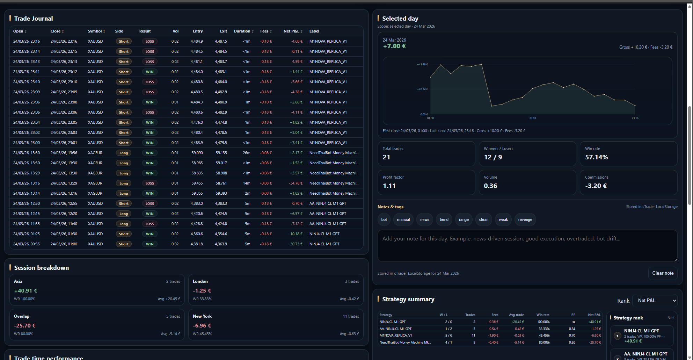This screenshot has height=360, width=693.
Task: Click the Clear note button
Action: pos(663,273)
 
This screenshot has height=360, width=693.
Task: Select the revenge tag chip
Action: pos(525,219)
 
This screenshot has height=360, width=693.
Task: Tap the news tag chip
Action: pos(424,219)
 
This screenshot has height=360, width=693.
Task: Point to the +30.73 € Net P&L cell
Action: pos(295,244)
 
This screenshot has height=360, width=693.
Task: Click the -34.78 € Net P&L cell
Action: pos(296,183)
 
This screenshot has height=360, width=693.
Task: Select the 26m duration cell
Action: pos(247,153)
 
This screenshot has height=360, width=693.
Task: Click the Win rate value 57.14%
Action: pos(596,157)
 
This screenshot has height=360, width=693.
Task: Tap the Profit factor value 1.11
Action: pos(389,186)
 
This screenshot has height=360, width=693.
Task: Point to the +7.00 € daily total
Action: pos(394,46)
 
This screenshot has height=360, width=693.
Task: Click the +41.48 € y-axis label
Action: pos(422,64)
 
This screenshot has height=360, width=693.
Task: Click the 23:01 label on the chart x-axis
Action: pos(532,118)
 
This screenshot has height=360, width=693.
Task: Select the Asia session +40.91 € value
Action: pos(25,291)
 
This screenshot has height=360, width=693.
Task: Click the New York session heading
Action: pos(202,316)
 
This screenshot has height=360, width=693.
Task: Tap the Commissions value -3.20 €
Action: pos(596,186)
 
